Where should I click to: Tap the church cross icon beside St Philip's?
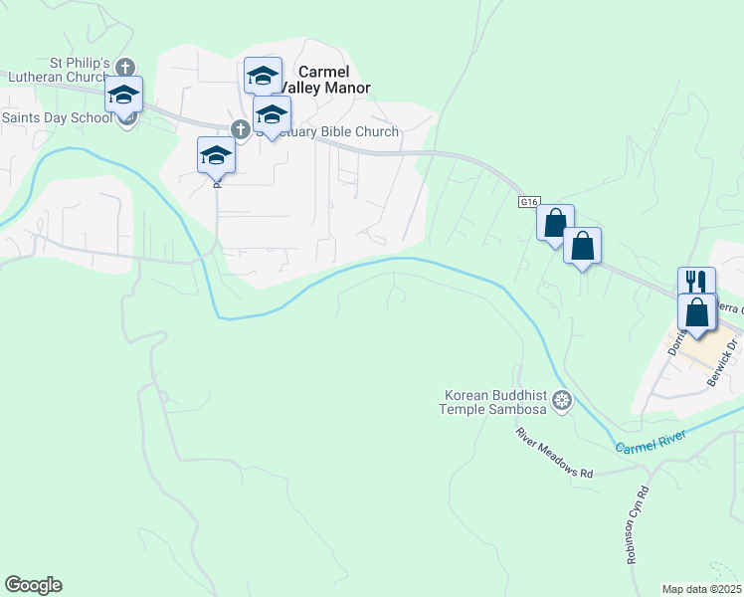[x=124, y=68]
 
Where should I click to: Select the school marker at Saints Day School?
[x=124, y=96]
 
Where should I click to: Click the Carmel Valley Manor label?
[x=323, y=80]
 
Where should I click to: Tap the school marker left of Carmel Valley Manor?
[x=263, y=76]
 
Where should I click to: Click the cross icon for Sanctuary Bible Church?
[x=240, y=129]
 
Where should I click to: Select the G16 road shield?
[x=528, y=202]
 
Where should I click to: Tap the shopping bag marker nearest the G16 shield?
[x=555, y=221]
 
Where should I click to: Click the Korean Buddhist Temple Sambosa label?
[x=494, y=401]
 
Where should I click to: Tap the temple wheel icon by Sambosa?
[x=562, y=401]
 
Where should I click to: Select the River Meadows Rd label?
[x=554, y=454]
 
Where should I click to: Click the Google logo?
[x=33, y=585]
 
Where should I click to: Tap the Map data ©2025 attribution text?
[x=701, y=589]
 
